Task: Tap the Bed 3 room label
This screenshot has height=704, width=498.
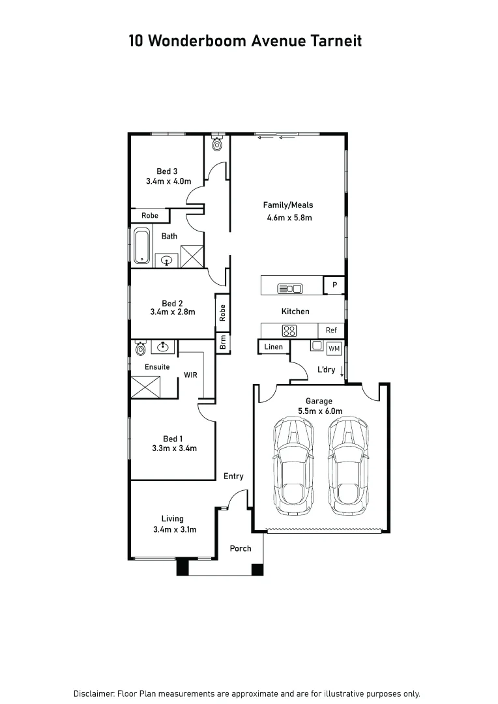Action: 167,171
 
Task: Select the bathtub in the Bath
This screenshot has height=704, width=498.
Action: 142,246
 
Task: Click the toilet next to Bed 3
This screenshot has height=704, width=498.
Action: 217,144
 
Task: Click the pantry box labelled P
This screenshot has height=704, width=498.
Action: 334,285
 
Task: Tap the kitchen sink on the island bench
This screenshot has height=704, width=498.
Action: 289,289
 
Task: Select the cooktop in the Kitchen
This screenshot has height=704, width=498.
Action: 289,330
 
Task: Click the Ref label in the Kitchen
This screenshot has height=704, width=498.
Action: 331,330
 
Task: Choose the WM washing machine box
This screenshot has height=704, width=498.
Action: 334,348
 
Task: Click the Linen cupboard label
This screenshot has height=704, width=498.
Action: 274,347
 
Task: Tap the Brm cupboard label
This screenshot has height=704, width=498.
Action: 223,342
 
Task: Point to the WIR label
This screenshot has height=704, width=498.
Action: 190,375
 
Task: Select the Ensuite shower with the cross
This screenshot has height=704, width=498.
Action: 145,387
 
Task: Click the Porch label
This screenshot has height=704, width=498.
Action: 241,548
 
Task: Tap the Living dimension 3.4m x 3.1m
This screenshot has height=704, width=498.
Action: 174,529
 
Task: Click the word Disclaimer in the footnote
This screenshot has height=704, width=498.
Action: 94,694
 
